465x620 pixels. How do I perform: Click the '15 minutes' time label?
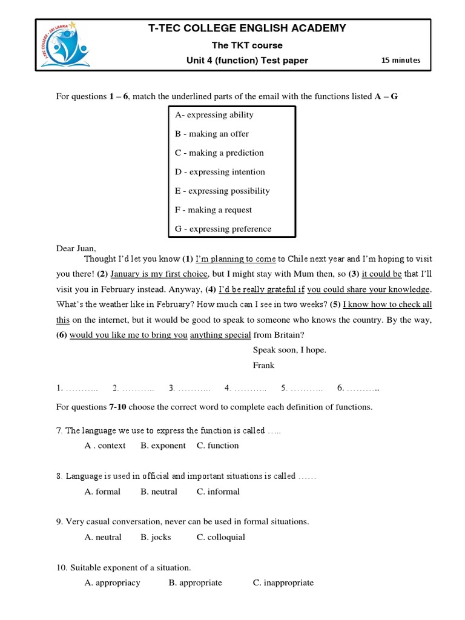[x=400, y=60]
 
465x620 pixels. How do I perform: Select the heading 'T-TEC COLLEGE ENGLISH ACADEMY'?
[x=247, y=28]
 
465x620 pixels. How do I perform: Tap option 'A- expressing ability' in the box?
[x=214, y=115]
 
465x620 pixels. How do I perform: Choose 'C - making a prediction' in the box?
[x=219, y=153]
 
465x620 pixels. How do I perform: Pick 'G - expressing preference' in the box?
[x=223, y=229]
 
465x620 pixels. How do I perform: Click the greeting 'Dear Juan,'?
[x=76, y=248]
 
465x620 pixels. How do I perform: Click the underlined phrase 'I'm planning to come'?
[x=236, y=259]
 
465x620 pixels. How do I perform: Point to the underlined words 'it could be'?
[x=381, y=274]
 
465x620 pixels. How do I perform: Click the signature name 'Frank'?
[x=263, y=365]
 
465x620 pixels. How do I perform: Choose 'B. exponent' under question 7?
[x=163, y=446]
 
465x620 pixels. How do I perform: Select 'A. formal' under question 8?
[x=102, y=492]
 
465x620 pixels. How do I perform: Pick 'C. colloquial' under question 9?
[x=221, y=537]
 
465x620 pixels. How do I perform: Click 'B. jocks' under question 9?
[x=156, y=537]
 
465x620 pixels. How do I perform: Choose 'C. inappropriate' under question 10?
[x=283, y=583]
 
